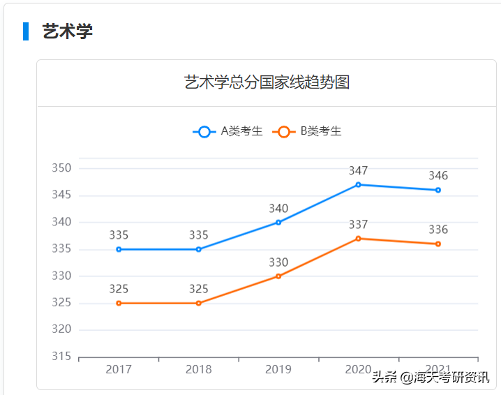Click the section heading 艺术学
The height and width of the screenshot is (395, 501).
click(x=67, y=31)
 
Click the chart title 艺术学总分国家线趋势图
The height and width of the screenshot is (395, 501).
click(x=267, y=82)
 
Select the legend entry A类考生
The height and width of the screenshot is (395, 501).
click(x=229, y=131)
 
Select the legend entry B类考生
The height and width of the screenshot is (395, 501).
click(x=308, y=131)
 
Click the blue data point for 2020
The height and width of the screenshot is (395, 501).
click(x=359, y=185)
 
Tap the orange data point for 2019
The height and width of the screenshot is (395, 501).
click(x=278, y=276)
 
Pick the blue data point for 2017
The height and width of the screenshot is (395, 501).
click(x=119, y=249)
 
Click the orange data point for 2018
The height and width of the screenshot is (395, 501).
click(x=199, y=304)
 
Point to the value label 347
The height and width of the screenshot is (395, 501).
click(x=359, y=171)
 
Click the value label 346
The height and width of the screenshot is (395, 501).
click(x=438, y=176)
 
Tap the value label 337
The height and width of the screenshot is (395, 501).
click(x=359, y=225)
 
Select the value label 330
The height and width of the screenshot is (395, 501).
click(x=278, y=262)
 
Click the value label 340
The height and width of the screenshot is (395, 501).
click(x=278, y=209)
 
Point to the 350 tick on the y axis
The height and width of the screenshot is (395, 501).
click(x=61, y=168)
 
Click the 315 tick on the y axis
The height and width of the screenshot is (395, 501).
click(x=61, y=357)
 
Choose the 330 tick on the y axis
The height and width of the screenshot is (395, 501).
click(x=61, y=276)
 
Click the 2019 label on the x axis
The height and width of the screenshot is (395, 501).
click(x=278, y=369)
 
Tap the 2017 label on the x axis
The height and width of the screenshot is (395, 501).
click(x=119, y=369)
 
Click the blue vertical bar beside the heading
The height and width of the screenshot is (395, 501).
click(x=26, y=31)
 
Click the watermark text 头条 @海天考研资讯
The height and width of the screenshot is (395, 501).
click(x=431, y=378)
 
